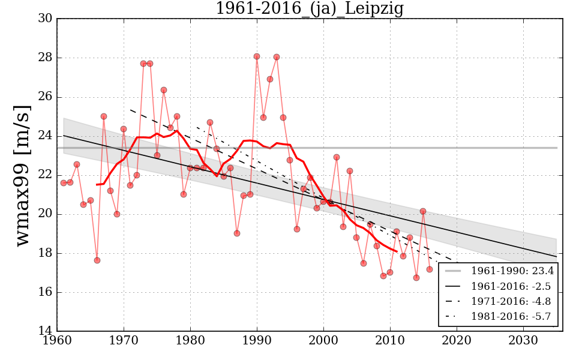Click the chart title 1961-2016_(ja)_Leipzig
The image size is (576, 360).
[310, 9]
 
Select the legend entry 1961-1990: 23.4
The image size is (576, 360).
[512, 271]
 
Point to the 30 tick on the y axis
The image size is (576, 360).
[45, 19]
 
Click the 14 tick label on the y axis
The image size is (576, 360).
[45, 332]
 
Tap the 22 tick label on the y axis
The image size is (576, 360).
[45, 175]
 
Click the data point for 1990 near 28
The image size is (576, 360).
[257, 56]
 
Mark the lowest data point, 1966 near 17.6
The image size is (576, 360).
[97, 260]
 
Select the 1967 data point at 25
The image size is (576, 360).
[104, 116]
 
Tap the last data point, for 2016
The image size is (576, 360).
[430, 269]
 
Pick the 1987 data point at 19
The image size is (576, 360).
[237, 233]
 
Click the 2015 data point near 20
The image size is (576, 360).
[423, 211]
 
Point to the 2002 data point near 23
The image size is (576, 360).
[337, 157]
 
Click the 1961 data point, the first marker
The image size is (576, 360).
[64, 183]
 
